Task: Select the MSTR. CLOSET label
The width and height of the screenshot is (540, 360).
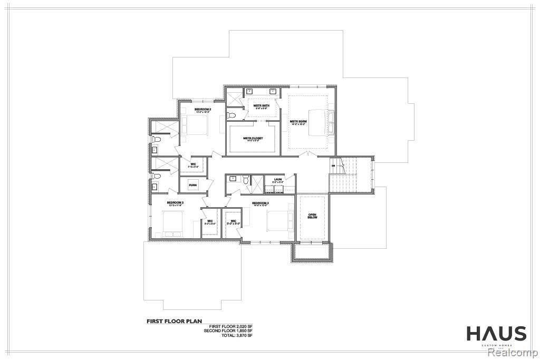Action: pyautogui.click(x=253, y=139)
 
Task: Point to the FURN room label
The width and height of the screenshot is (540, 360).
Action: pyautogui.click(x=192, y=186)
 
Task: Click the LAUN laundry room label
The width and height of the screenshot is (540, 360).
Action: pyautogui.click(x=277, y=180)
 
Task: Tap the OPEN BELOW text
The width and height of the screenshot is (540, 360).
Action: pyautogui.click(x=313, y=216)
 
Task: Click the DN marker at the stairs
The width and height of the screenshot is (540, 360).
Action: pyautogui.click(x=333, y=166)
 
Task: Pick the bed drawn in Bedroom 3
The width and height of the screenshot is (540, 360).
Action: pyautogui.click(x=173, y=222)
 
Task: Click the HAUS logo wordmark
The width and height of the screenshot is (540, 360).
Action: pyautogui.click(x=496, y=334)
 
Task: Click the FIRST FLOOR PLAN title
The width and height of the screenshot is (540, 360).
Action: pyautogui.click(x=174, y=320)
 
